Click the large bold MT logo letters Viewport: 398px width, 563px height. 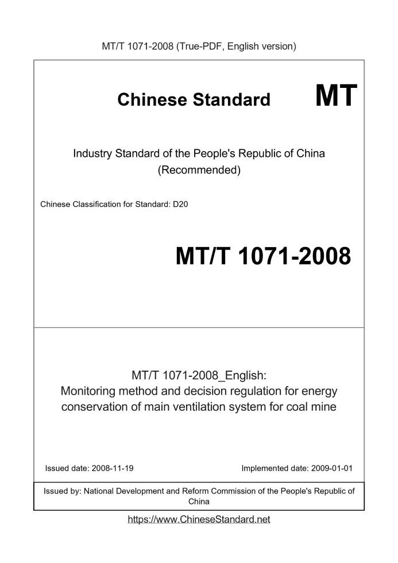336,95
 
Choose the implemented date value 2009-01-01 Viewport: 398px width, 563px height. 329,468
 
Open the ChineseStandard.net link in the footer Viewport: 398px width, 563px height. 199,519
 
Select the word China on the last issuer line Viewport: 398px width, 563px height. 199,502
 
